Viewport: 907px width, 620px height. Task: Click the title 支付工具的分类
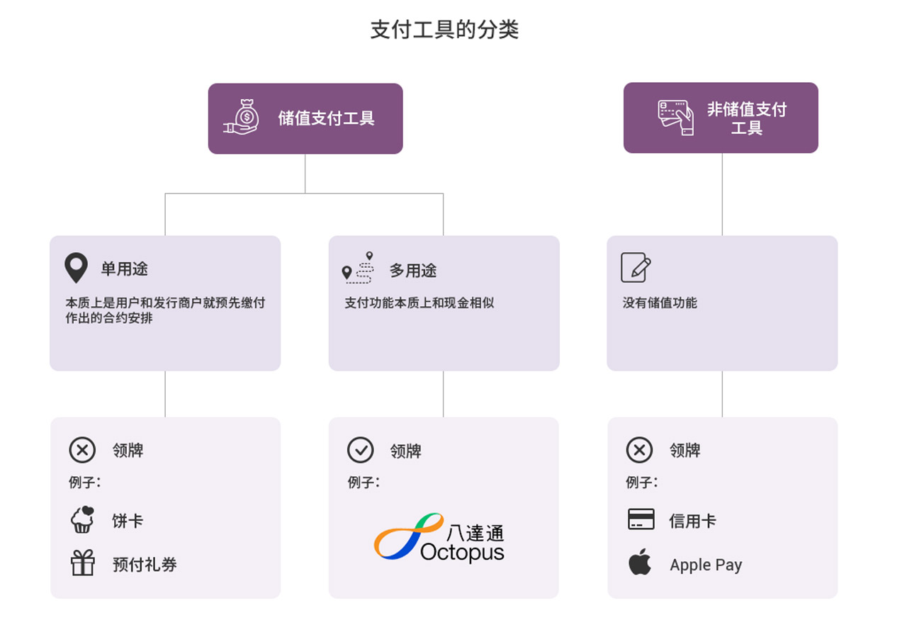[x=444, y=30]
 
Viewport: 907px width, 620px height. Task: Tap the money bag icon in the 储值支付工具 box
[x=242, y=118]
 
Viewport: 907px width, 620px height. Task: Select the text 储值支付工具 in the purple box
[x=326, y=118]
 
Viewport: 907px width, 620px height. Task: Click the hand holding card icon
[x=676, y=118]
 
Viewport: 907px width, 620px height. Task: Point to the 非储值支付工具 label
[x=747, y=118]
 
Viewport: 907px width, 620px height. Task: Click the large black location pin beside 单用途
[x=76, y=268]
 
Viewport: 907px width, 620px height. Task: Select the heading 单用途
[x=124, y=269]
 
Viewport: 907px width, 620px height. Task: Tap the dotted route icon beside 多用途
[x=358, y=267]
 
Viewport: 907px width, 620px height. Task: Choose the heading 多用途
[x=413, y=271]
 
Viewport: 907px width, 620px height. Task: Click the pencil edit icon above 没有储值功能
[x=636, y=267]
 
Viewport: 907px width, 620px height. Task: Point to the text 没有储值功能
[x=660, y=303]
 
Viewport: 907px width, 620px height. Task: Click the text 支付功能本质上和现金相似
[x=419, y=303]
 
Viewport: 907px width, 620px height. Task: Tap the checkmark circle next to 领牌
[x=360, y=450]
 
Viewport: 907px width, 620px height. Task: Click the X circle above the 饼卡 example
[x=82, y=450]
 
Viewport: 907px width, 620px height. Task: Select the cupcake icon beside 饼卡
[x=83, y=519]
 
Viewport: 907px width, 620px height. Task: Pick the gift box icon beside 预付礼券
[x=83, y=563]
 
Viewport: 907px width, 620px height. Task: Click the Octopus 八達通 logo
[x=439, y=538]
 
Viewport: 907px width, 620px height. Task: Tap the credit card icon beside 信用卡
[x=641, y=519]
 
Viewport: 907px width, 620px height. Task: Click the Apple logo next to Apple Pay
[x=640, y=562]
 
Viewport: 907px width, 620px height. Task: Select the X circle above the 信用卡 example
[x=639, y=450]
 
